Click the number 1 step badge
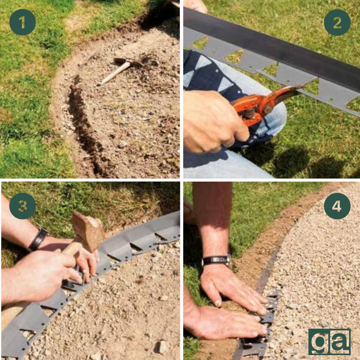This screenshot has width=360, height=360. pos(22,22)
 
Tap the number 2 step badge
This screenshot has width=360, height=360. pos(337,22)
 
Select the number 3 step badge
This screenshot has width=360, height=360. pos(22,206)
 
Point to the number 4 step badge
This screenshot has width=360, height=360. pos(337,206)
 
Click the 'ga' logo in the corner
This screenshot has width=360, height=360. pos(329,342)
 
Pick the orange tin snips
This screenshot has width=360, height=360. pos(264,103)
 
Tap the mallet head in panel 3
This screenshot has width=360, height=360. pos(89,231)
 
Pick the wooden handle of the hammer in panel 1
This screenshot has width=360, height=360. pos(114,73)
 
